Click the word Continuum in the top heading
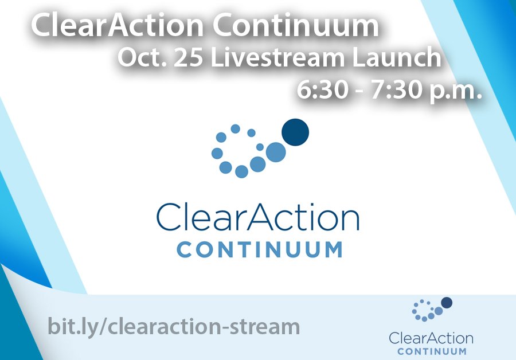(x=295, y=26)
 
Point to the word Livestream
(x=277, y=57)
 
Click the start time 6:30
(x=322, y=90)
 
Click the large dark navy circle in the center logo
(x=295, y=132)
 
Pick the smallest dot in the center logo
(x=260, y=147)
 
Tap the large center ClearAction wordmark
(x=257, y=217)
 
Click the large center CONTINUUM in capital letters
(x=260, y=250)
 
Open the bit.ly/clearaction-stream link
(x=174, y=326)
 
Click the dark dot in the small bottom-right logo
(x=447, y=303)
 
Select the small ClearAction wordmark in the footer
(x=431, y=338)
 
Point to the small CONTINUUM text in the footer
(x=432, y=351)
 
